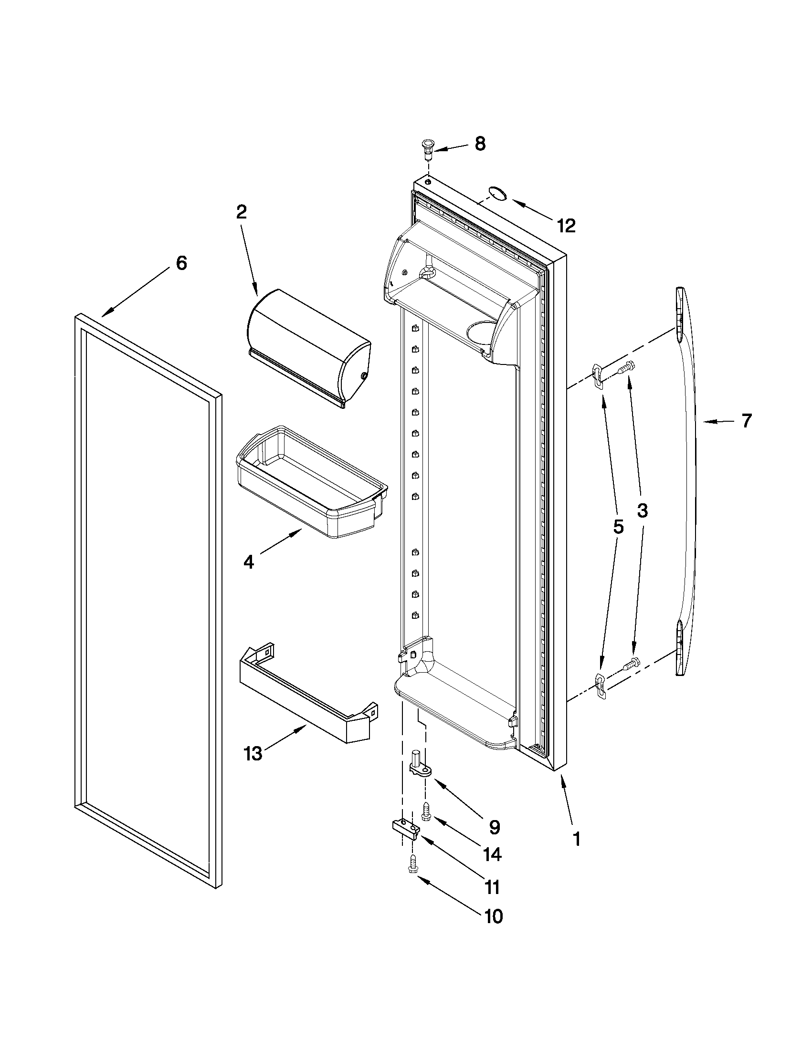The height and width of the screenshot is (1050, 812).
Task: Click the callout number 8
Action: [480, 144]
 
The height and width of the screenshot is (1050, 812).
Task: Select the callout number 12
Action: [567, 226]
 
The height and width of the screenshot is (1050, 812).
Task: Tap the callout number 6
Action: [181, 263]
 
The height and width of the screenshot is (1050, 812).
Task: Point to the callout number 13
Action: [253, 754]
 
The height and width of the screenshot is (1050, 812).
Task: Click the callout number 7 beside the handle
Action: [746, 421]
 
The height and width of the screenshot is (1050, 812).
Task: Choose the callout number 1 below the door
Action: [576, 839]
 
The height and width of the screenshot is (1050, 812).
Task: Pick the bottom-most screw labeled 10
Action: [412, 865]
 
